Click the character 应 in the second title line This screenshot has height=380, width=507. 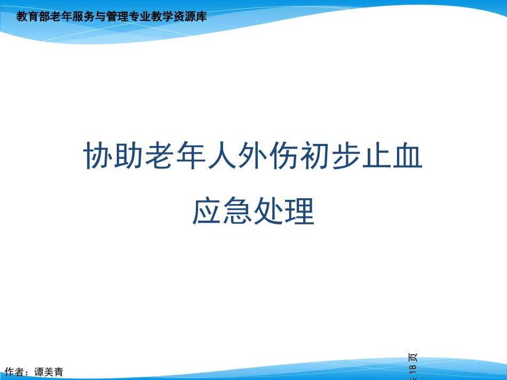(207, 212)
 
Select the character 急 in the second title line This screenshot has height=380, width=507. (237, 212)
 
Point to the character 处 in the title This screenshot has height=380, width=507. (268, 212)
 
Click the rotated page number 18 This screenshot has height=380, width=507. (412, 370)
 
